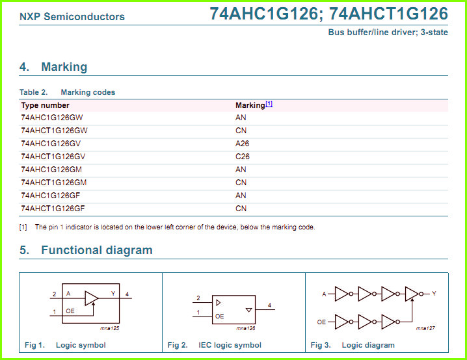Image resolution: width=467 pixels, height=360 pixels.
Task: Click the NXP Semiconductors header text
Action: pos(72,17)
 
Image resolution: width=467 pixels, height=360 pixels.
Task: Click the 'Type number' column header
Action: pos(45,105)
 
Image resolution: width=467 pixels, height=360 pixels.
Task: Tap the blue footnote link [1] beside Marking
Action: pos(269,104)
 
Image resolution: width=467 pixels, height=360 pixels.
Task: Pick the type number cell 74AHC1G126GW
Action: pos(52,118)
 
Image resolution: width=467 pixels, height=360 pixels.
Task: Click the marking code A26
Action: pos(242,144)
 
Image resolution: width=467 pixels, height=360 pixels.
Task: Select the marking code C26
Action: pos(243,157)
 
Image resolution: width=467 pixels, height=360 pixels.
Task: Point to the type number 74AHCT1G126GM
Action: pos(53,183)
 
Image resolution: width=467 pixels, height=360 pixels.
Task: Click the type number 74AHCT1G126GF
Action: pos(53,208)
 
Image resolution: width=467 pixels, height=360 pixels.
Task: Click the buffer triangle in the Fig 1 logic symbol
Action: pos(92,298)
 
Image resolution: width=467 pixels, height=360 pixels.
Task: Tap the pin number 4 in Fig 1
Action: pos(127,294)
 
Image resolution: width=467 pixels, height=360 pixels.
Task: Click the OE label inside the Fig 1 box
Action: pos(70,311)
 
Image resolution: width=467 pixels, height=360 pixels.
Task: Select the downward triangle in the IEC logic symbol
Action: pos(249,310)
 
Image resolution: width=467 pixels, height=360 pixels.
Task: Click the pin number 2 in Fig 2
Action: pos(198,298)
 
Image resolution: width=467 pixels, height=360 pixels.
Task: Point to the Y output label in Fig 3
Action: pos(434,293)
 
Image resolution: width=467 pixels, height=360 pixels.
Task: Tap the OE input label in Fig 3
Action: pos(321,322)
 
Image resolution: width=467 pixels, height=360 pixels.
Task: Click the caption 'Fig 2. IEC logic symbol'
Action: pos(215,345)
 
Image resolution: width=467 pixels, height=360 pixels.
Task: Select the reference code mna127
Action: pos(425,328)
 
